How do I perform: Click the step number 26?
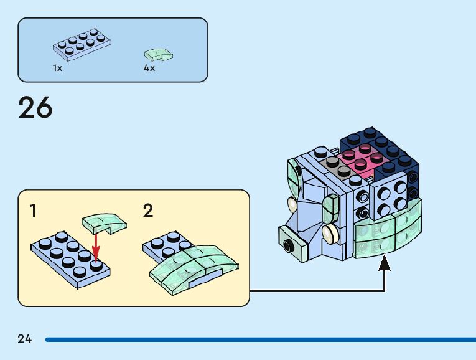[35, 107]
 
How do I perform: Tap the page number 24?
[25, 339]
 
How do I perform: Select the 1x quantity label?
[57, 68]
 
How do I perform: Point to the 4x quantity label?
[149, 68]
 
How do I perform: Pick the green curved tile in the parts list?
[159, 55]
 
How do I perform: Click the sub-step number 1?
[33, 211]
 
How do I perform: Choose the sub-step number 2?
[148, 211]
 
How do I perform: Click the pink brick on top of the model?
[361, 159]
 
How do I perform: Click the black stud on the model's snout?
[288, 245]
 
